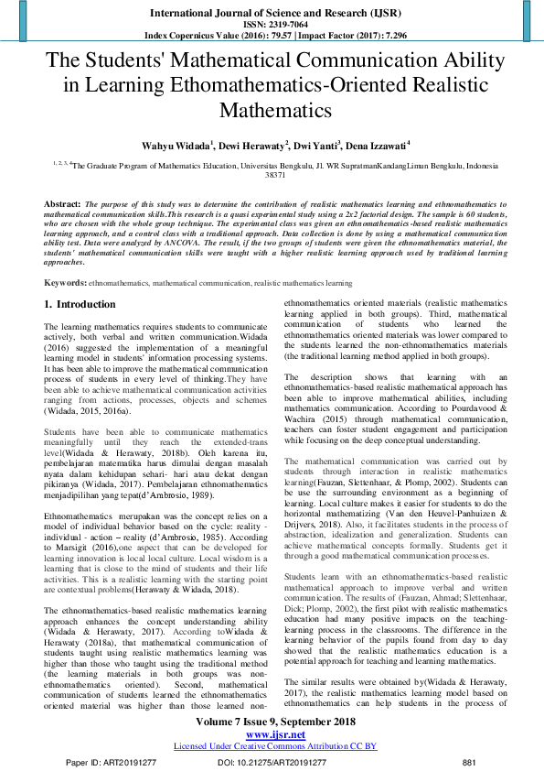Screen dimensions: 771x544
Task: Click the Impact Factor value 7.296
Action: [x=378, y=36]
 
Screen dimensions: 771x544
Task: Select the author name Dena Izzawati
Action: [x=376, y=145]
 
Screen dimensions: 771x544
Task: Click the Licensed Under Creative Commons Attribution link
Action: [x=272, y=746]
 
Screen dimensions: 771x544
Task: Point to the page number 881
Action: [x=469, y=762]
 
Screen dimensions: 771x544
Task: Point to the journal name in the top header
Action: [x=272, y=12]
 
